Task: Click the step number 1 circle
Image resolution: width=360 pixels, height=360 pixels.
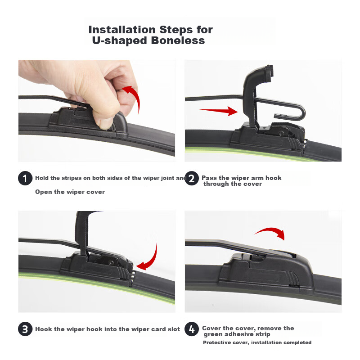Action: (25, 178)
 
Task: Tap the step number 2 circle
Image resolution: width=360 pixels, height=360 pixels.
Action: (192, 178)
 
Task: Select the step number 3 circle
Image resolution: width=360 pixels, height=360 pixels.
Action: (25, 329)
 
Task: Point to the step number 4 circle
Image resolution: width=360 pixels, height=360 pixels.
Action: (192, 329)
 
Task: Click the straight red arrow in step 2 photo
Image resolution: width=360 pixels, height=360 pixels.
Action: (218, 111)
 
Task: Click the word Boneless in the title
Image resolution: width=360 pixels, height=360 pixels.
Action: (178, 40)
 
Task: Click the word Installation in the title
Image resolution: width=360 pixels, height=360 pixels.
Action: (122, 30)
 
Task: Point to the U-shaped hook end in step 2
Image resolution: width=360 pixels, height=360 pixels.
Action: (302, 112)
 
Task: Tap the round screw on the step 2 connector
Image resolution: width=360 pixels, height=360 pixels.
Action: (281, 133)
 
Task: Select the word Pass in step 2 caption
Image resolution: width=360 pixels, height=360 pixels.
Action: (209, 178)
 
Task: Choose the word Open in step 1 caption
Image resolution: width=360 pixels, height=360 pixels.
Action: (44, 192)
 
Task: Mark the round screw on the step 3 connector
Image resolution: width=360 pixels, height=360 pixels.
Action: (111, 263)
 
